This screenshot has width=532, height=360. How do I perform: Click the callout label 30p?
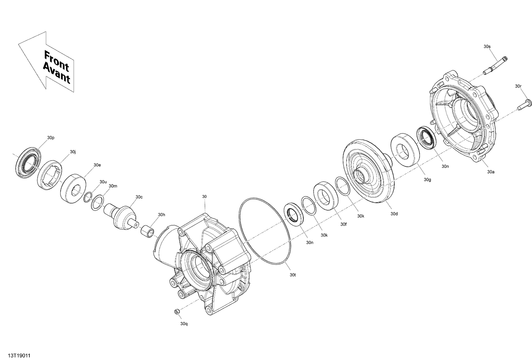[x=51, y=138]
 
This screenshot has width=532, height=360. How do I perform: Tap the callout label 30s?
[x=487, y=46]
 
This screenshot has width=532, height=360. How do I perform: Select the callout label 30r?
[x=518, y=86]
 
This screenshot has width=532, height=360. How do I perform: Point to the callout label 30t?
[x=293, y=275]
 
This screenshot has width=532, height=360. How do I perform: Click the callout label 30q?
[x=184, y=323]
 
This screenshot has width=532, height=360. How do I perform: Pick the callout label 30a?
[x=491, y=172]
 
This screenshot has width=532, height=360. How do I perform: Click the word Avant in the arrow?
[x=56, y=73]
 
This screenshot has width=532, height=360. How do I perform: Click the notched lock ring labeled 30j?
[x=50, y=175]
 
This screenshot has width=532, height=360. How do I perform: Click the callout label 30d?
[x=394, y=214]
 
